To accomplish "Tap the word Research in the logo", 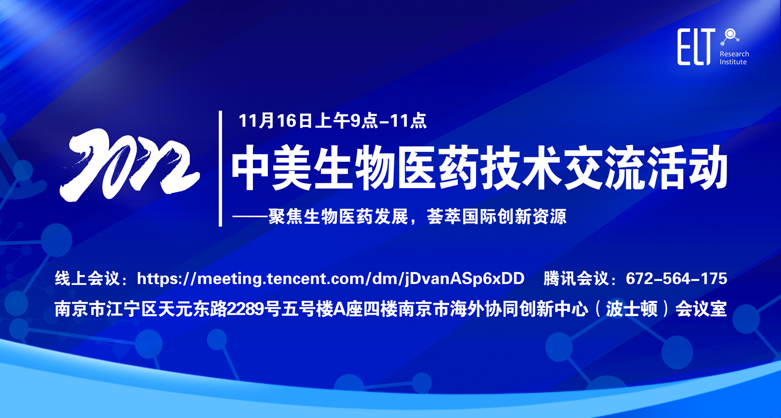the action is click(x=734, y=54).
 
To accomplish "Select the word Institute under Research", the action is click(x=733, y=62).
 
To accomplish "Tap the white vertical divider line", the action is click(x=220, y=168).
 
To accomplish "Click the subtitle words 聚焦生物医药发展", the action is click(x=338, y=216).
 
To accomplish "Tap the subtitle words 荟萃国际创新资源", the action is click(x=496, y=216).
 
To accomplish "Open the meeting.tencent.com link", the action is click(x=331, y=279).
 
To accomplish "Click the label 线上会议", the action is click(x=87, y=279).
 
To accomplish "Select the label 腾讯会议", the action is click(x=576, y=279).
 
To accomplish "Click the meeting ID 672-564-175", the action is click(x=676, y=279).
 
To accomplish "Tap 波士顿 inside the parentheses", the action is click(x=631, y=309).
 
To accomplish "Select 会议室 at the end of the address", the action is click(x=701, y=309).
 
